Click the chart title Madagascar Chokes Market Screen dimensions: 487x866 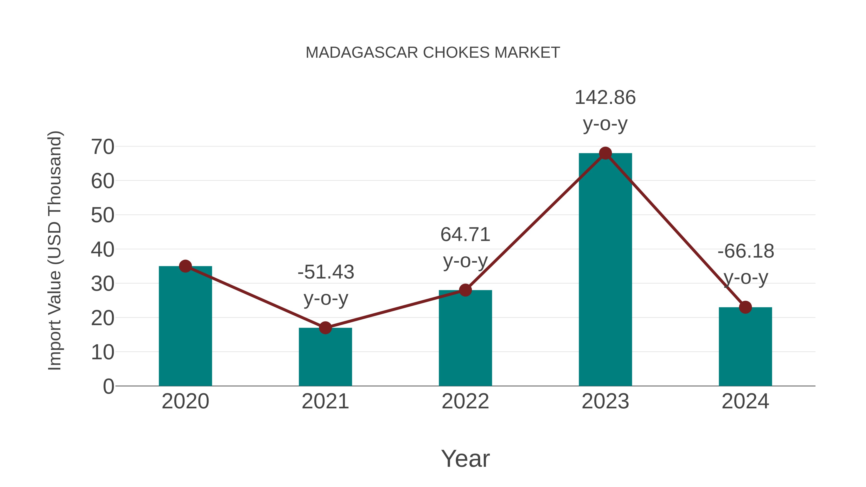tap(433, 53)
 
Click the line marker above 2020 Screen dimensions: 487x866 tap(185, 266)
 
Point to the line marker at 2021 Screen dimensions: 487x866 tap(325, 328)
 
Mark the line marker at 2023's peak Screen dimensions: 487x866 tap(605, 153)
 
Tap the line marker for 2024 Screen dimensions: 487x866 tap(745, 307)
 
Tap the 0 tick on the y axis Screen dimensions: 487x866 tap(108, 386)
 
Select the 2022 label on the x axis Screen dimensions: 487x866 tap(465, 401)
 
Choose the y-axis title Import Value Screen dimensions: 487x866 tap(54, 250)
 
